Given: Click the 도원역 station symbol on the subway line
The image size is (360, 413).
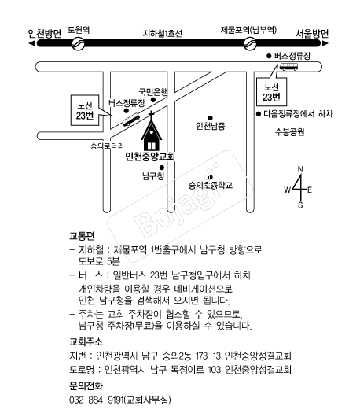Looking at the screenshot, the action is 78,43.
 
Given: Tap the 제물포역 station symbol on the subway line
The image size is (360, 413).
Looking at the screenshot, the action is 250,43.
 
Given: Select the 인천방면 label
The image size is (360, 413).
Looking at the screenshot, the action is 45,34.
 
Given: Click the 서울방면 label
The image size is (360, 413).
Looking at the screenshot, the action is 312,34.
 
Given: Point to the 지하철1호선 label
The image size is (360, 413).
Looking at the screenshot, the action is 163,34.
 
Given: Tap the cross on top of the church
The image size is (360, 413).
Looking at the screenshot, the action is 152,115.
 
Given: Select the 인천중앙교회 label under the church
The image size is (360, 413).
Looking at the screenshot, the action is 150,157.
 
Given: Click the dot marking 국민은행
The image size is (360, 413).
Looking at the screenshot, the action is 153,100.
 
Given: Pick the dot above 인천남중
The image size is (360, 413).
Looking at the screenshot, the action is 210,118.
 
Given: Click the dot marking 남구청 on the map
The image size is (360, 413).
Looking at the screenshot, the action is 162,168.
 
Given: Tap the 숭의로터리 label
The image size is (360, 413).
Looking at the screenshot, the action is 107,146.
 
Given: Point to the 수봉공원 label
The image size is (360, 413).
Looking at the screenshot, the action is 290,131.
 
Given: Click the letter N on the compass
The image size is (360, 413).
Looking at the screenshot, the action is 300,169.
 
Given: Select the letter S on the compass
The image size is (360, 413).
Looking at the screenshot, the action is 300,205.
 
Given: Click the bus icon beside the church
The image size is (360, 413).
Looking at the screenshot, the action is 131,120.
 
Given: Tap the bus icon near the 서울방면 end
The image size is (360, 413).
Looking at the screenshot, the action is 288,67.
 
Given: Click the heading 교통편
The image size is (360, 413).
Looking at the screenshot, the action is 82,236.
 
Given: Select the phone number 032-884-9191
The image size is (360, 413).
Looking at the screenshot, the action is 97,400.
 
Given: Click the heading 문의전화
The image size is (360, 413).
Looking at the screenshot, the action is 86,386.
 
